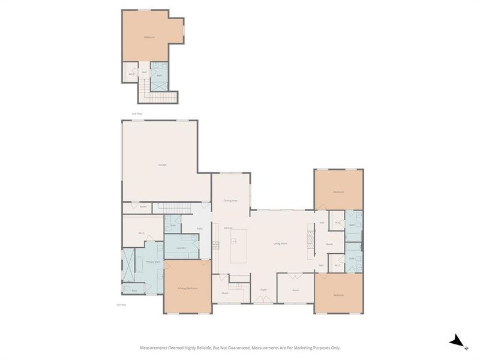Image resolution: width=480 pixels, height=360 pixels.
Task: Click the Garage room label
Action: click(x=162, y=164)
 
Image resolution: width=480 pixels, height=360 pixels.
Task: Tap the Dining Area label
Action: click(x=231, y=200)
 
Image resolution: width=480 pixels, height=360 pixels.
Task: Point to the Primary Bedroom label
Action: click(x=187, y=289)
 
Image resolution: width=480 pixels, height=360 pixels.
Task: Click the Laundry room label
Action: click(x=181, y=248)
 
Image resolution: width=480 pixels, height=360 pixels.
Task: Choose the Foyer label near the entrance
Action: click(x=263, y=290)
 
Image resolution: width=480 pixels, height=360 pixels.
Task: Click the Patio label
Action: click(x=200, y=229)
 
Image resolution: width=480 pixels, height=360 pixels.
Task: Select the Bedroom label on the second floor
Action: click(x=149, y=37)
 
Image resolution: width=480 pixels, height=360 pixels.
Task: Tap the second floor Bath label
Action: click(x=159, y=75)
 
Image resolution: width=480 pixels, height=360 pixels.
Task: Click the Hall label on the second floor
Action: click(x=144, y=72)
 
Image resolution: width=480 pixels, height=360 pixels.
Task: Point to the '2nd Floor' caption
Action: click(x=137, y=113)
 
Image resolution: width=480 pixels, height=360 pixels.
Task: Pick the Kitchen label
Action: click(x=228, y=228)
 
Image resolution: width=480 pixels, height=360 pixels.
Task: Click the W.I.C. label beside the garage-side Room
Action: click(x=142, y=233)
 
